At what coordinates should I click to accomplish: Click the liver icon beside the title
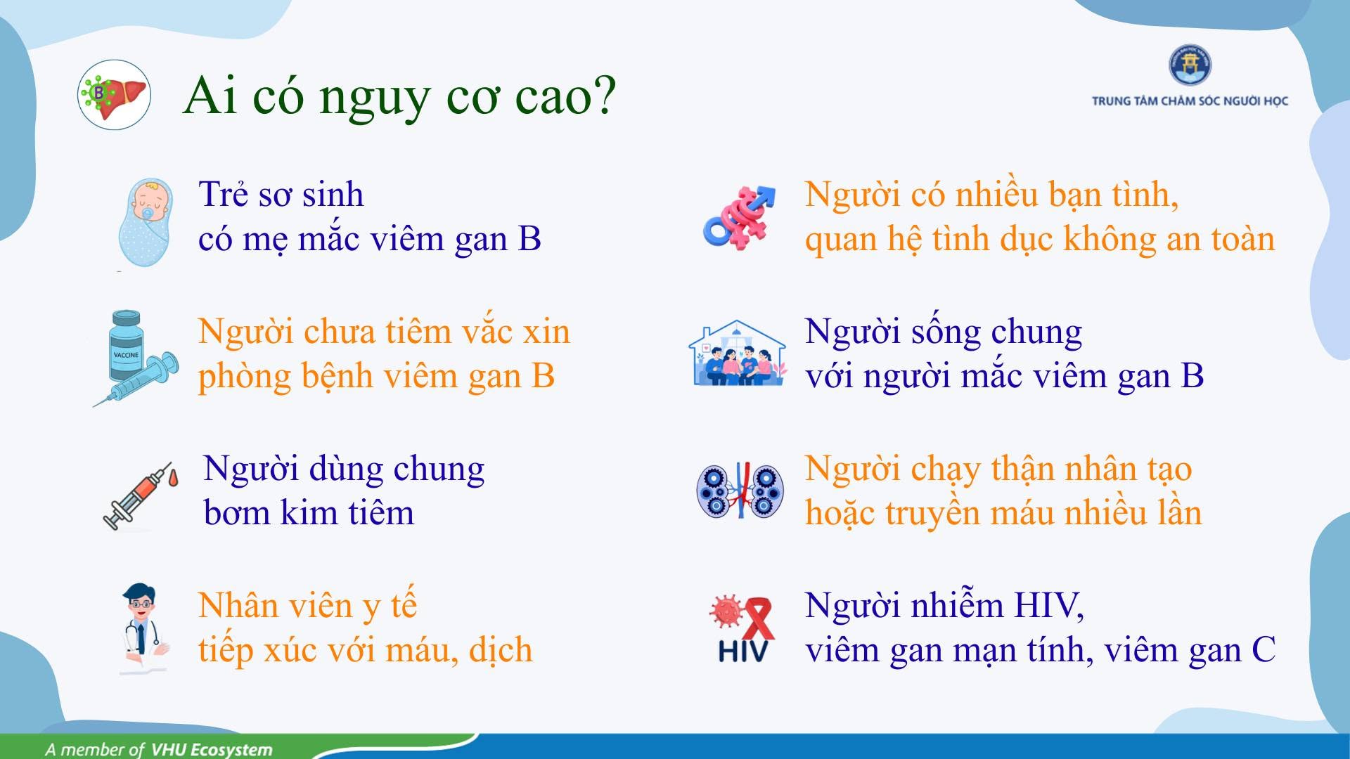(x=114, y=95)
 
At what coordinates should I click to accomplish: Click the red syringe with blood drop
(x=140, y=495)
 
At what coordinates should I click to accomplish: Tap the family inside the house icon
(x=737, y=353)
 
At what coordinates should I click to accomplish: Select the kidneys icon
(x=740, y=491)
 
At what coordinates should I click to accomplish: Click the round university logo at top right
(x=1190, y=65)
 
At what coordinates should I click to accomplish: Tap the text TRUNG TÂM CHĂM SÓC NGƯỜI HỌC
(x=1190, y=101)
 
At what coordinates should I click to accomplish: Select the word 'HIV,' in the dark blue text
(x=1049, y=606)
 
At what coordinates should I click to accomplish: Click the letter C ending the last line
(x=1264, y=650)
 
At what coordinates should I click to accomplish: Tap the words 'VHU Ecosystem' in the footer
(x=212, y=749)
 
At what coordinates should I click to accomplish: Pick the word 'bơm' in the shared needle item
(x=236, y=512)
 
